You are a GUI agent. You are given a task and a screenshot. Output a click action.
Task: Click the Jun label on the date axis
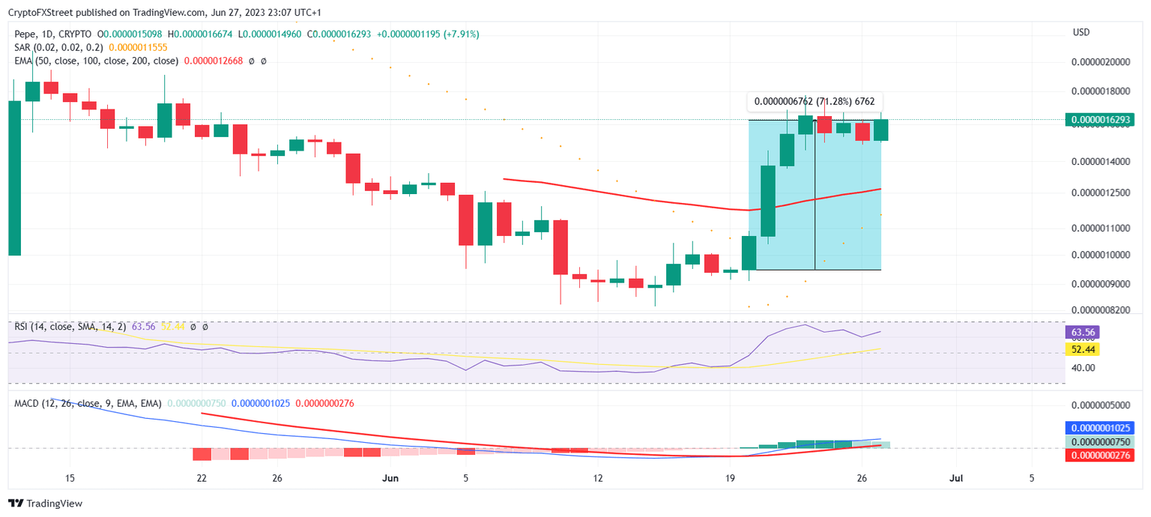pyautogui.click(x=391, y=478)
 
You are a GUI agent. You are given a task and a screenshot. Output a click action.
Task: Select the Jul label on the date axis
pyautogui.click(x=955, y=478)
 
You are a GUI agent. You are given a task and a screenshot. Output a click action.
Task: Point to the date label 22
pyautogui.click(x=202, y=478)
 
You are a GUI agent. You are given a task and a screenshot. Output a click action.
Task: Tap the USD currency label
pyautogui.click(x=1081, y=32)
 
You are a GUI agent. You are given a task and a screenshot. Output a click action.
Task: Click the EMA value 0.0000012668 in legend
pyautogui.click(x=214, y=61)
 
